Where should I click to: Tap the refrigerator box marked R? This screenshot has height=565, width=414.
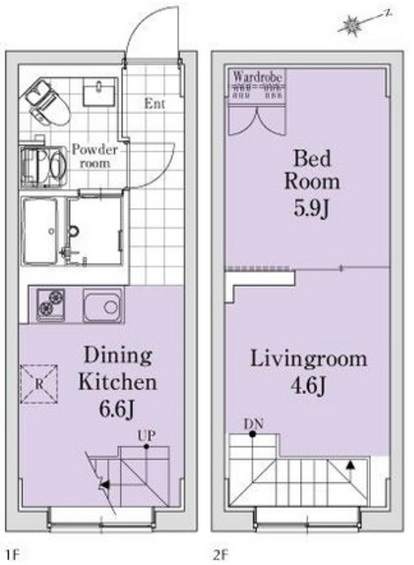(x=41, y=383)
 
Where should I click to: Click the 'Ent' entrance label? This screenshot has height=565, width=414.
(x=156, y=103)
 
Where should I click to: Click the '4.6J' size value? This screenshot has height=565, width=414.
(x=308, y=388)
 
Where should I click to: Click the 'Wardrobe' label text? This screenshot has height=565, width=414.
(x=258, y=78)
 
